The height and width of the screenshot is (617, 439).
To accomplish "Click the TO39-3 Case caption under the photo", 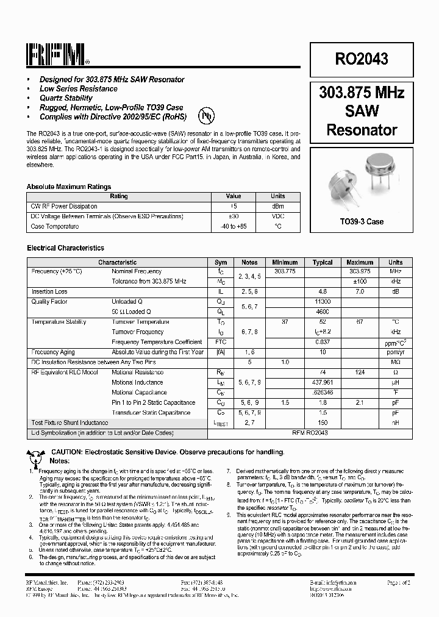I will point(362,221).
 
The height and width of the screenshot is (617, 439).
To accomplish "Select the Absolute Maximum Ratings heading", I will point(69,187).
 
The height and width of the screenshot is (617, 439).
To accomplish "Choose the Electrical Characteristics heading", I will point(65,248).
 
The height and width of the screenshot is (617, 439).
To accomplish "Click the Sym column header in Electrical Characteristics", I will point(221,262).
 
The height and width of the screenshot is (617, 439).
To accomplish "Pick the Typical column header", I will point(323,262).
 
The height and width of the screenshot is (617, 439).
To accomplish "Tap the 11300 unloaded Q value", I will point(323,302).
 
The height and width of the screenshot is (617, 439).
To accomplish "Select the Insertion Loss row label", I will point(49,291).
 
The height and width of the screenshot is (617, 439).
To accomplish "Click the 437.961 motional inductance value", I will point(323,382).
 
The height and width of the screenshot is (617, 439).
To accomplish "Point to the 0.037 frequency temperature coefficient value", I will point(323,342).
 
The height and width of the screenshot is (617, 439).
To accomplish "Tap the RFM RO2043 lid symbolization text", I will point(310,432).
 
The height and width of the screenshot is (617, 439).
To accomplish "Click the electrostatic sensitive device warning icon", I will point(35,454).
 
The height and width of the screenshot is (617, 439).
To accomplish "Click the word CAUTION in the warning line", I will point(68,452).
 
